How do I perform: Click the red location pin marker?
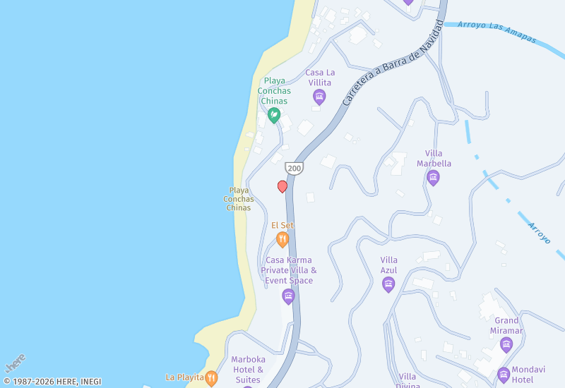coord(282,186)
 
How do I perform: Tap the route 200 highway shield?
coord(294,168)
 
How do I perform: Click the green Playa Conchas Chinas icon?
coord(274,114)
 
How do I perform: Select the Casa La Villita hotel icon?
coord(319,97)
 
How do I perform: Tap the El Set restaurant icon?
coord(282,240)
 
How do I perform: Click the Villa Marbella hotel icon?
coord(434,177)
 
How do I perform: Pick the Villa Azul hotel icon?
coord(388,284)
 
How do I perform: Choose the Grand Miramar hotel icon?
coord(506,344)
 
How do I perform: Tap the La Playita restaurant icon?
coord(211,378)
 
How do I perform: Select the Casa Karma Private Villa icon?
coord(288,296)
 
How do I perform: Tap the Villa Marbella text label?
coord(439,159)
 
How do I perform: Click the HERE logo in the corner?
coord(16,363)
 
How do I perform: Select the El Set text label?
coord(282,226)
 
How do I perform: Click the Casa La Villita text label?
coord(320,78)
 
